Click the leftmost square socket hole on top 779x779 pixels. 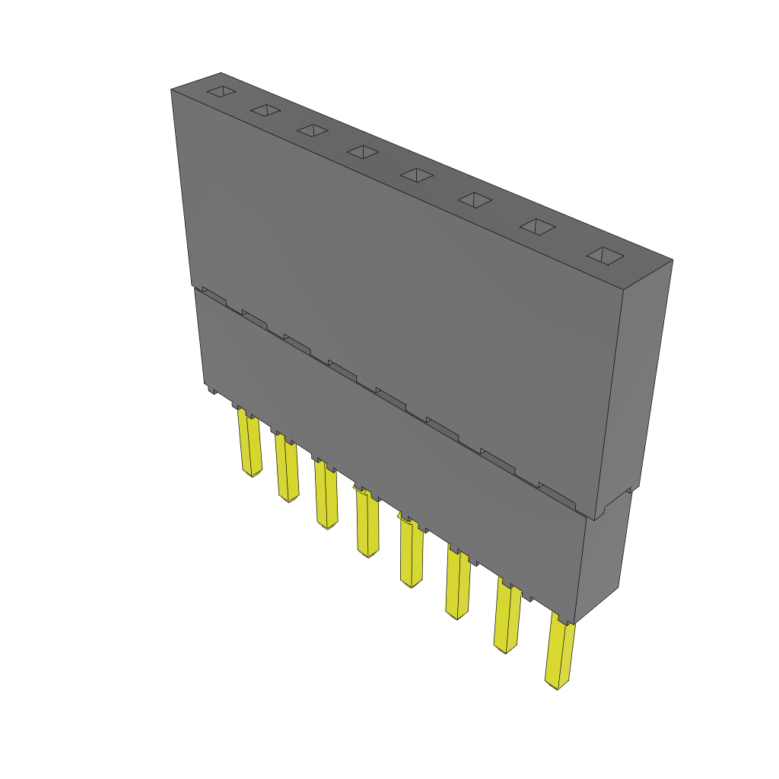click(221, 92)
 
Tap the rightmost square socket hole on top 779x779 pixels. click(606, 256)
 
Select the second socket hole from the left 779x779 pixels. click(265, 110)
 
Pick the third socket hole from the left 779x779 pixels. click(312, 130)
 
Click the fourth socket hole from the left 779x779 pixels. click(363, 152)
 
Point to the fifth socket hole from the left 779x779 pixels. click(417, 175)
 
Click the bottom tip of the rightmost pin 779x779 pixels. click(557, 686)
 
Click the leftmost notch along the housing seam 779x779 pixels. click(215, 297)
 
